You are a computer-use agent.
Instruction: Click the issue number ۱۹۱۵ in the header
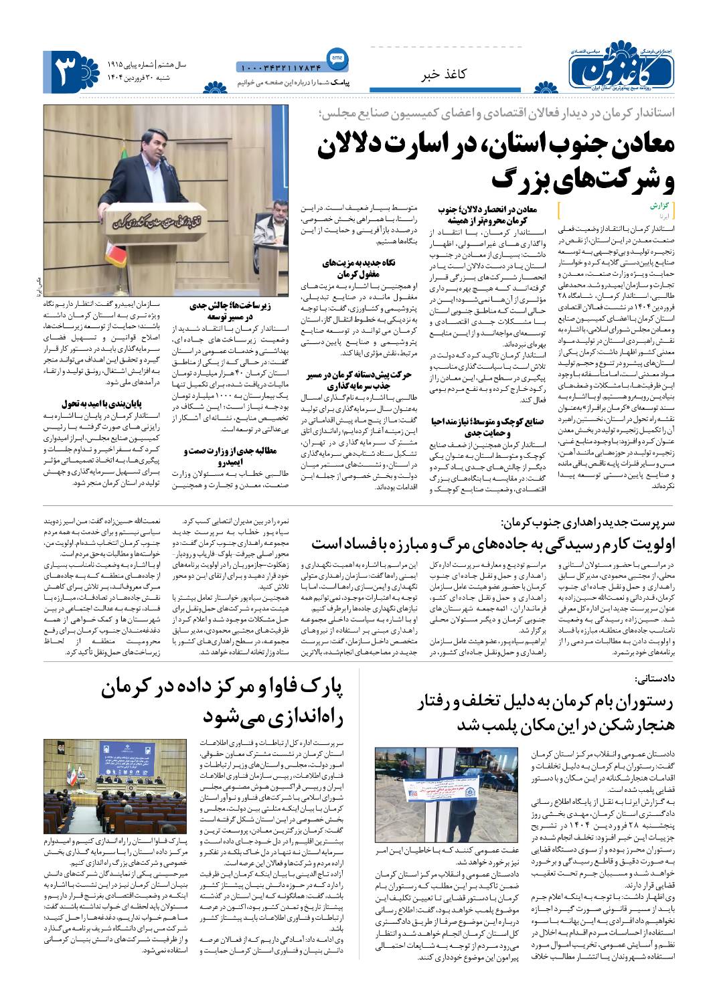click(119, 64)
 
